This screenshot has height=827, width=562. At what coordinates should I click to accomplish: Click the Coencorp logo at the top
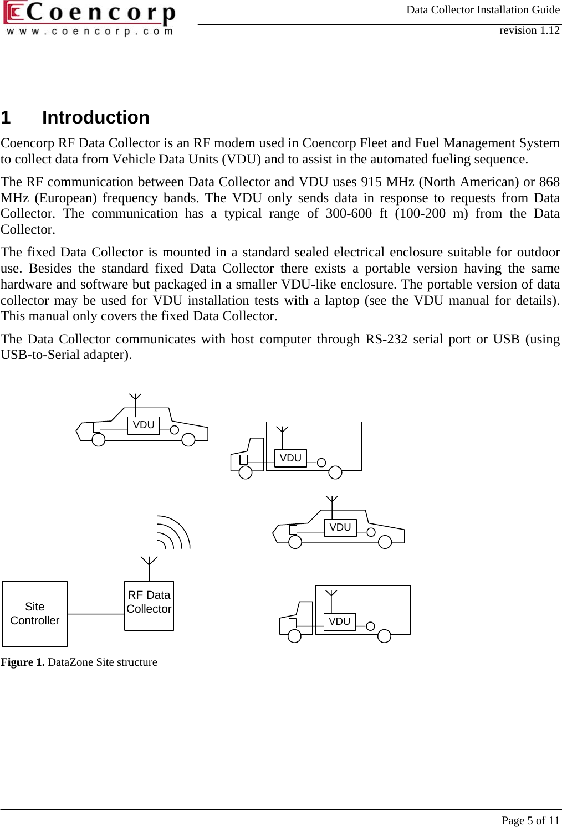coord(89,19)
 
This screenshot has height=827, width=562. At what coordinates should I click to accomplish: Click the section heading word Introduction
coord(95,117)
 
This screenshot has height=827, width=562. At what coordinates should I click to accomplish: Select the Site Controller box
coord(34,614)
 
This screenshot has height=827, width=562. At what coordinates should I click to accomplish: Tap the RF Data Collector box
coord(149,605)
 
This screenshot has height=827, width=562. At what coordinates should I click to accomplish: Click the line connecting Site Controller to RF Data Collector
coord(96,614)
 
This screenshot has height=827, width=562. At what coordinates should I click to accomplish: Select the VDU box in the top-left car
coord(144,425)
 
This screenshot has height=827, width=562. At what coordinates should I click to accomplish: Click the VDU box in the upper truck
coord(290,458)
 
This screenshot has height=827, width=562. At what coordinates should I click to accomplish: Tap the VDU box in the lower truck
coord(339,621)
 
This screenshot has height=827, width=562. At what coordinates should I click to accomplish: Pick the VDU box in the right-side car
coord(340,527)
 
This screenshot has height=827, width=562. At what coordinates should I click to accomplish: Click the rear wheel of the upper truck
coord(335,472)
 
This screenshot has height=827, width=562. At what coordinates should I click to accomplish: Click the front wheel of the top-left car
coord(99,440)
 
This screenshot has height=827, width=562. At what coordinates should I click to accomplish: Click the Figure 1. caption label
coord(23,662)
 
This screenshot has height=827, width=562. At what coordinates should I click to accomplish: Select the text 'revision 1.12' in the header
coord(529,30)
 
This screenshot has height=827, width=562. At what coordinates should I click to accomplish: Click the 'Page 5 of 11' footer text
coord(530,820)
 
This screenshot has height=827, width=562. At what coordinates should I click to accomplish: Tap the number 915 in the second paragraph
coord(370,182)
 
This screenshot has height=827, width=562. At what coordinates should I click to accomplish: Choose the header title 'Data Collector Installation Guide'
coord(483,9)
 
